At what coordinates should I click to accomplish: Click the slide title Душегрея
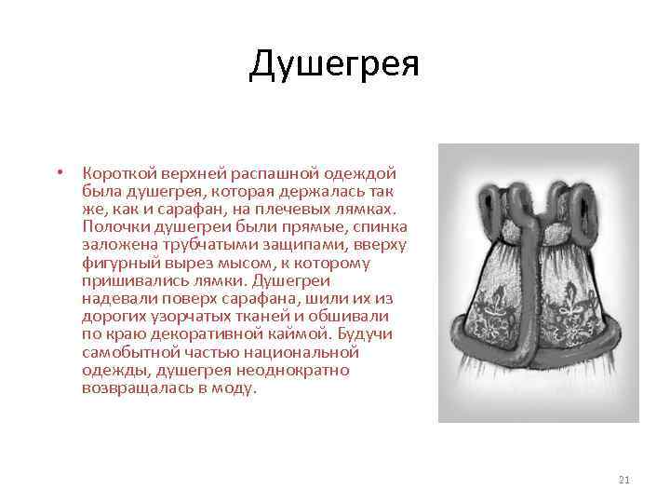[x=334, y=65]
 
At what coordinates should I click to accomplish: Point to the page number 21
[x=623, y=480]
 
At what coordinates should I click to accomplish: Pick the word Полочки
[x=113, y=226]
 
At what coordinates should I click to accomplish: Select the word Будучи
[x=366, y=334]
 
